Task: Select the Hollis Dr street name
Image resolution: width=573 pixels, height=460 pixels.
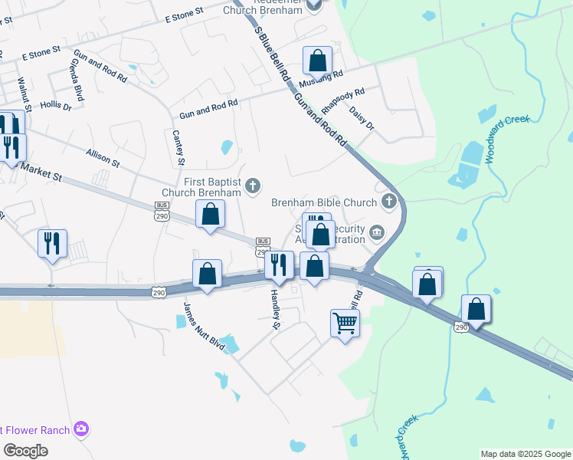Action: coord(56,106)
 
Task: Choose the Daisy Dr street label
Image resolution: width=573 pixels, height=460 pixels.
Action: coord(362,119)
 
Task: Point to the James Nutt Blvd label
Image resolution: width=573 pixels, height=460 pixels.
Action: coord(203,327)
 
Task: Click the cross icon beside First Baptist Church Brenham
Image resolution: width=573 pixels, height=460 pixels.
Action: coord(252,186)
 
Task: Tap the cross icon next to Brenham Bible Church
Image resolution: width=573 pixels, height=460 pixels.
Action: coord(389,202)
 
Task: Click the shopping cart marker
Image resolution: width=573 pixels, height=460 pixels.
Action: coord(345,323)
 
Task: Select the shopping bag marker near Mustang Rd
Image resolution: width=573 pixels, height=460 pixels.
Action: coord(317,61)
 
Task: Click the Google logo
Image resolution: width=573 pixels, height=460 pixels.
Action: coord(26,451)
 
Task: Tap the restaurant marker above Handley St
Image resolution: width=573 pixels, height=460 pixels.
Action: coord(279,264)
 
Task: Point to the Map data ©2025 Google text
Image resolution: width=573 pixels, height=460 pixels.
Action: coord(525,454)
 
